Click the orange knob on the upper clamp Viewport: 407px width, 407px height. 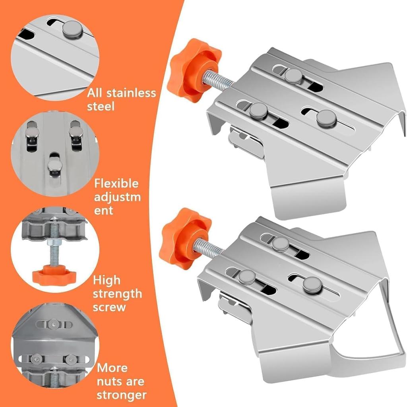(194, 71)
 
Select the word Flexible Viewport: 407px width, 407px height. (116, 184)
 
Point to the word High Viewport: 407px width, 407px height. (107, 281)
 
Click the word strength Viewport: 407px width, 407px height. (117, 295)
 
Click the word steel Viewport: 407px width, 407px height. (101, 107)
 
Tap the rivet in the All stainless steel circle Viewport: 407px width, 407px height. (73, 29)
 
